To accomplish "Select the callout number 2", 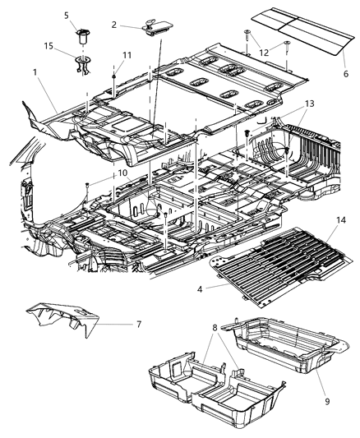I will pyautogui.click(x=114, y=25).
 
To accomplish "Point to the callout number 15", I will pyautogui.click(x=50, y=48).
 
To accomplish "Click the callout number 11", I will pyautogui.click(x=126, y=55).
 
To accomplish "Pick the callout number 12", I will pyautogui.click(x=263, y=53).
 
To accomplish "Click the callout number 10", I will pyautogui.click(x=122, y=173).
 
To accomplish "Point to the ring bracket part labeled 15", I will pyautogui.click(x=83, y=62).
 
